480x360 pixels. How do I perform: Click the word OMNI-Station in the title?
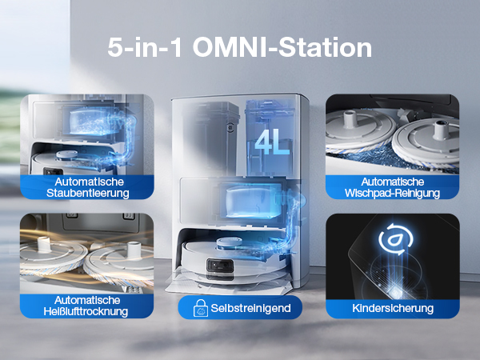coord(282,47)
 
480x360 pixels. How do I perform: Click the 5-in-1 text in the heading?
coord(145,47)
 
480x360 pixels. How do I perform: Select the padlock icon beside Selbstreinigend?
coord(201,308)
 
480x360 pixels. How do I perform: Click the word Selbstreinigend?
coord(250,308)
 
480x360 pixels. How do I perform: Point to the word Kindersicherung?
coord(393,308)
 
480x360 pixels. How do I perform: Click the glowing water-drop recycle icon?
coord(395,238)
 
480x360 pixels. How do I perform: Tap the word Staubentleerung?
coord(87,193)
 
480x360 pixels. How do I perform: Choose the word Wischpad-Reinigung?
coord(392,193)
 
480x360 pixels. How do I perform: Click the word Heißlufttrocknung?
coord(86,311)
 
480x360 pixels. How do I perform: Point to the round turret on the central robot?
coord(231,242)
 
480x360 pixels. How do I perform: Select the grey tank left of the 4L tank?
coord(211,138)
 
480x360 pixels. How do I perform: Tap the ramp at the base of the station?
coord(229,286)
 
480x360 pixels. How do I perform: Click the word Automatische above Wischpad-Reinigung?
coord(393,182)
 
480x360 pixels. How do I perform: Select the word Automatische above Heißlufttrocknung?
coord(87,300)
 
